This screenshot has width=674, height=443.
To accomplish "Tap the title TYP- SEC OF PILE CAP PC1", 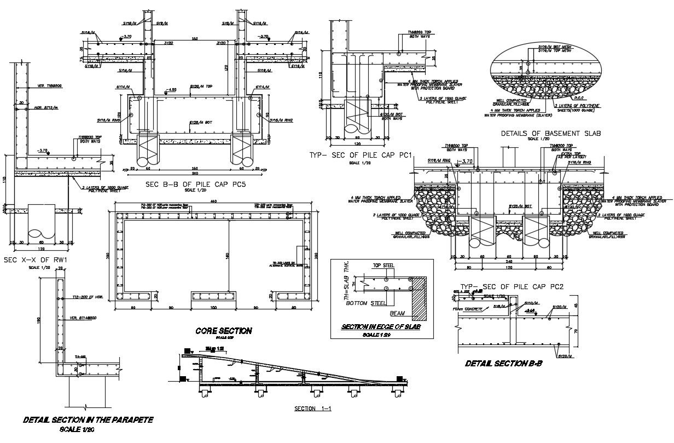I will pyautogui.click(x=370, y=156).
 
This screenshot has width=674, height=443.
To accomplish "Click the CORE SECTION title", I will pyautogui.click(x=224, y=331).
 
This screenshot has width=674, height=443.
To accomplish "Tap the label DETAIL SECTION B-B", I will pyautogui.click(x=503, y=363).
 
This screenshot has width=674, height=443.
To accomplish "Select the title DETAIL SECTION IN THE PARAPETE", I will pyautogui.click(x=88, y=420).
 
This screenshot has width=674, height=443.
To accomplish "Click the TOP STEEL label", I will pyautogui.click(x=384, y=266).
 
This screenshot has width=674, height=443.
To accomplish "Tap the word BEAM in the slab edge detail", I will pyautogui.click(x=397, y=314).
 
